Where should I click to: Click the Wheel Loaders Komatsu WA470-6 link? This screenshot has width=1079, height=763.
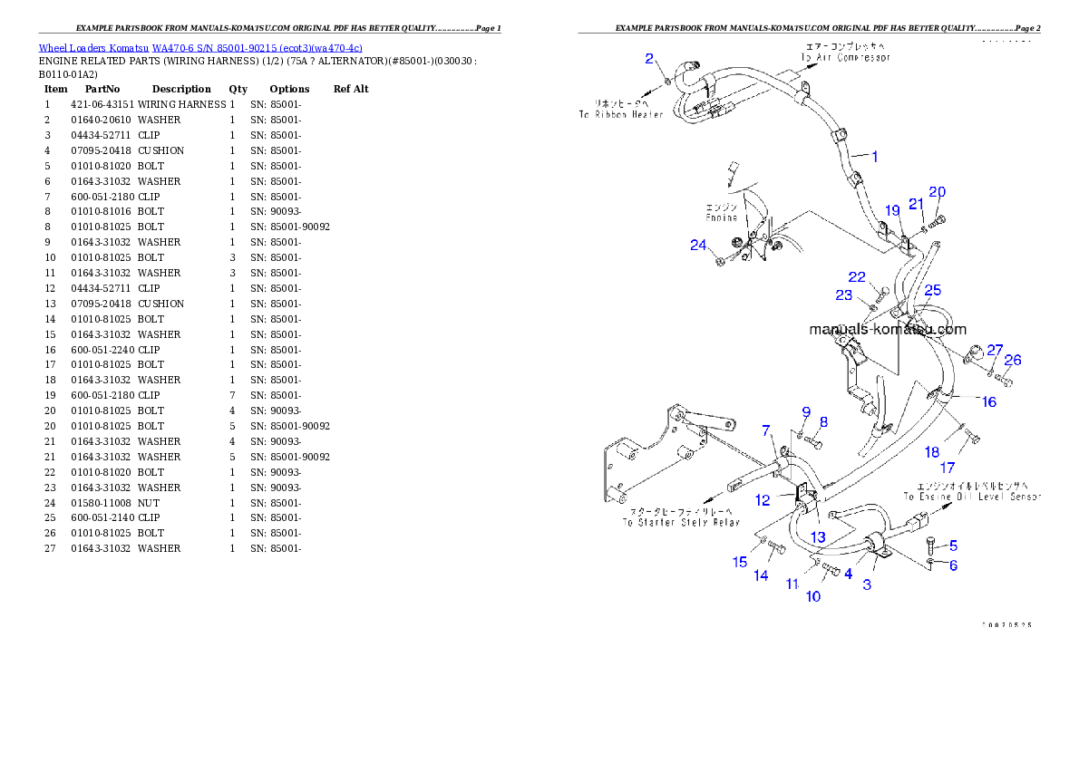[x=200, y=48]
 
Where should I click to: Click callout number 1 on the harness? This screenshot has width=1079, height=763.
[x=874, y=157]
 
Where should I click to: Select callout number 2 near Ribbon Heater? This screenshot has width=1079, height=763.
[x=649, y=59]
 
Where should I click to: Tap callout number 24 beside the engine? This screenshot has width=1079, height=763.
[x=697, y=245]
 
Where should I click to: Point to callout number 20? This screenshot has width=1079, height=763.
[x=937, y=192]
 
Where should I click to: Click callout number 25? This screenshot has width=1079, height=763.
[x=932, y=290]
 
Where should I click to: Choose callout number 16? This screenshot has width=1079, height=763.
[x=988, y=401]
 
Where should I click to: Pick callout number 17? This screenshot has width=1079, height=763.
[x=947, y=468]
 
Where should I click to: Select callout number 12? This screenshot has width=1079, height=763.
[x=763, y=499]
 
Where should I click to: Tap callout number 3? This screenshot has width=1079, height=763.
[x=867, y=584]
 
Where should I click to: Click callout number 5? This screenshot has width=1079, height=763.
[x=953, y=546]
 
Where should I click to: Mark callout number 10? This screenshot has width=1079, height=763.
[x=813, y=596]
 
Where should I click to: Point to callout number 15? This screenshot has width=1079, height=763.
[x=740, y=563]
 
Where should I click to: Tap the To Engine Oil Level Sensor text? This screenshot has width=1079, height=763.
[x=971, y=497]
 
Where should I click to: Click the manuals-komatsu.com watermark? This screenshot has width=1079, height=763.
[x=887, y=330]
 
